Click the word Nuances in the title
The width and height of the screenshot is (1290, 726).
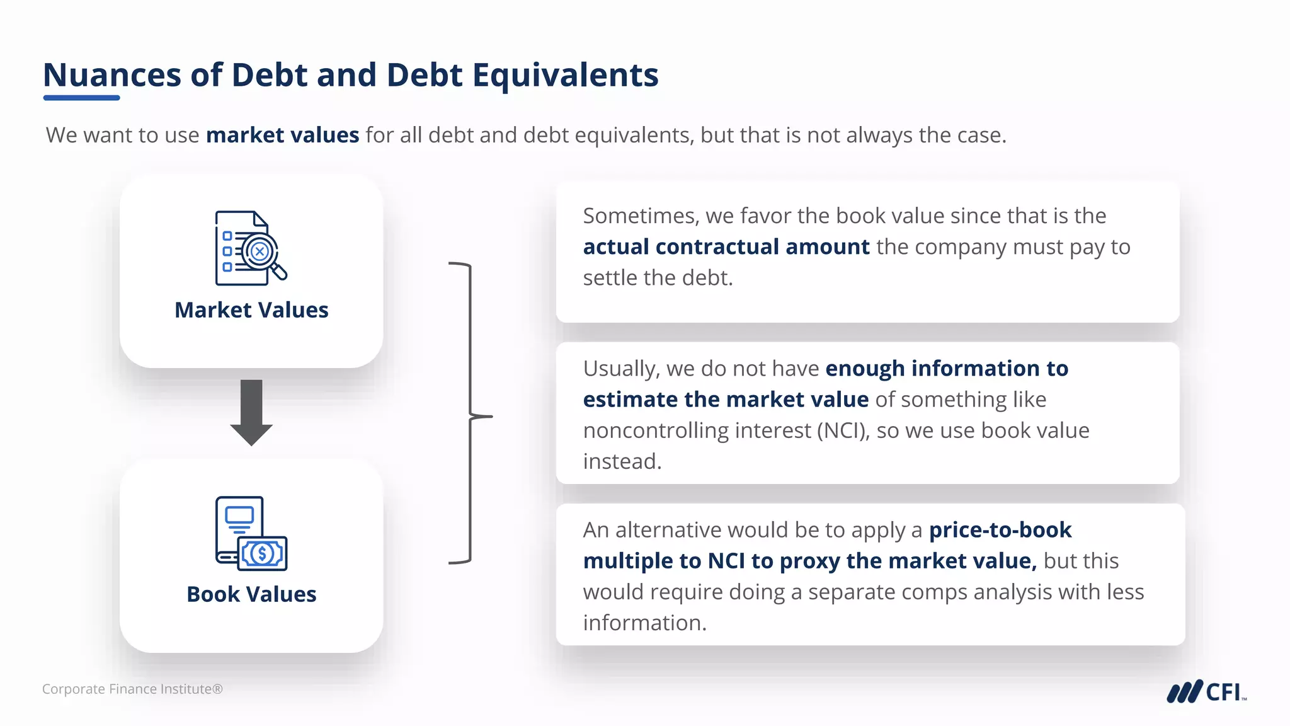click(112, 75)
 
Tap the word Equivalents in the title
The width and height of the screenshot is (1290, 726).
click(565, 75)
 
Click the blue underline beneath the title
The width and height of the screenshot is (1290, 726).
click(81, 98)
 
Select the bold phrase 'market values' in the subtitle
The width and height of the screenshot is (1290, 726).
click(282, 135)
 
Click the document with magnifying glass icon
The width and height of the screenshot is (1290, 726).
click(251, 248)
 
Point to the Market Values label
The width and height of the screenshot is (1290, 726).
click(251, 310)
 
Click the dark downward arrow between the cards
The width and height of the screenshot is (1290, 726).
click(251, 412)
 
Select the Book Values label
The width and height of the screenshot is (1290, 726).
click(251, 594)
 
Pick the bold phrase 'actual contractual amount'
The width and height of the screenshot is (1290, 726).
click(726, 246)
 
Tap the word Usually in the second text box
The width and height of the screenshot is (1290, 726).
click(621, 368)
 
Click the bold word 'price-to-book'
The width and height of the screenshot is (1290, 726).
click(1000, 530)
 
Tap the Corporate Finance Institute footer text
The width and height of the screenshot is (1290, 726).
click(132, 689)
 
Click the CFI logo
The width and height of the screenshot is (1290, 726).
click(1206, 691)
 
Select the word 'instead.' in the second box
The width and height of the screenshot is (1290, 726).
click(622, 461)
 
